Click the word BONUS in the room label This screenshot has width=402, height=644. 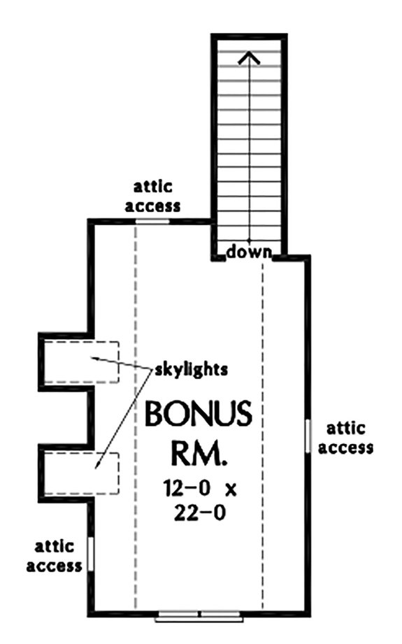[x=199, y=413]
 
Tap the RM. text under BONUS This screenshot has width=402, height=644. [x=199, y=453]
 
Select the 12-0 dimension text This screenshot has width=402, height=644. [x=187, y=488]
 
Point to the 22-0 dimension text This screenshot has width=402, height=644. [x=200, y=513]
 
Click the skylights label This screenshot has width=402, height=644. [x=191, y=370]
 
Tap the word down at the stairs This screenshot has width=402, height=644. [x=250, y=251]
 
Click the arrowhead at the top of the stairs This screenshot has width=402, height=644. [x=249, y=58]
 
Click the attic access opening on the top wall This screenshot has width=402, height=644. [x=152, y=222]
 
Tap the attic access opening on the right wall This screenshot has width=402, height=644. [x=308, y=436]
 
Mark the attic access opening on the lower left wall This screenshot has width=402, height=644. [x=91, y=554]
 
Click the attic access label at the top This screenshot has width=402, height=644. [x=152, y=196]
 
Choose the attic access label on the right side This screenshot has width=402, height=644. [x=346, y=438]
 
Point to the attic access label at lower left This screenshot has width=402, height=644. [x=55, y=556]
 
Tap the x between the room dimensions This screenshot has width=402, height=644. [x=231, y=489]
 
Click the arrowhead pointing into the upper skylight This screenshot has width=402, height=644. [x=94, y=359]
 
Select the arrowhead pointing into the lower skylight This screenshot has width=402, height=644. [x=98, y=465]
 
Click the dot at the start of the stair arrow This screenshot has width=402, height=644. [x=249, y=239]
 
